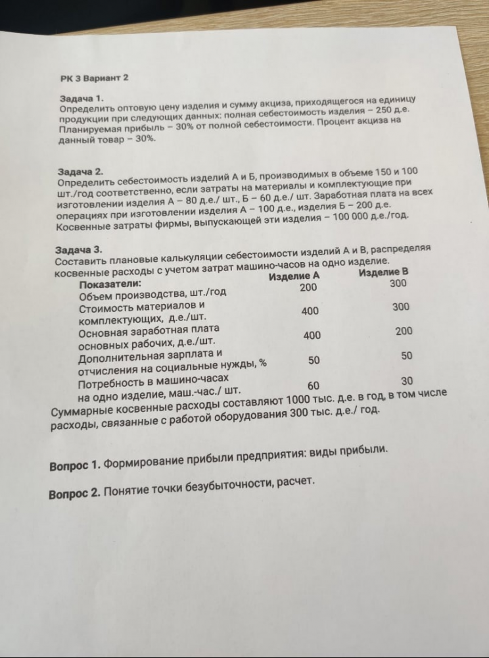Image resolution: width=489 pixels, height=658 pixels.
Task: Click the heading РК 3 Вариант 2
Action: tap(94, 78)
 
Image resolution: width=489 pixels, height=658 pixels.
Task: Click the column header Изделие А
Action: tap(294, 276)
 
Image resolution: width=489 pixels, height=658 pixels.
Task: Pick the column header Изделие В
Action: tap(384, 272)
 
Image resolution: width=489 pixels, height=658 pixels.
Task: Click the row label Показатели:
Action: tap(110, 285)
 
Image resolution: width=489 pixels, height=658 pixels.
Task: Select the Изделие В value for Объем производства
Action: tap(398, 284)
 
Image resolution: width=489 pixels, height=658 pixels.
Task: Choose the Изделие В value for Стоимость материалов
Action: tap(401, 307)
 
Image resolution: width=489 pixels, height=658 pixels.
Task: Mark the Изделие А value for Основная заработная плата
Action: tap(312, 336)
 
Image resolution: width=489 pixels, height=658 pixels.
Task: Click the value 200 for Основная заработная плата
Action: tap(404, 332)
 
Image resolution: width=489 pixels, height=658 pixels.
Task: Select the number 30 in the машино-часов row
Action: tap(407, 381)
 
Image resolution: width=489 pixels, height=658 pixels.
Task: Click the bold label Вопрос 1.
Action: tap(74, 465)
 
